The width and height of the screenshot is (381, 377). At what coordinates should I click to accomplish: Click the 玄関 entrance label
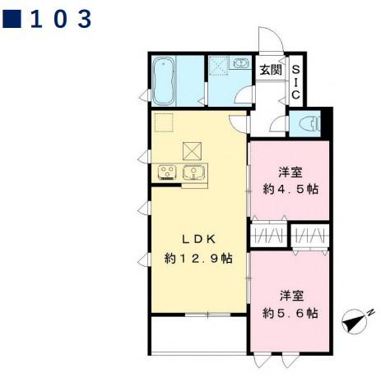coord(271,70)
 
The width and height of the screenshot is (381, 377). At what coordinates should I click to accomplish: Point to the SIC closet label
coord(296,83)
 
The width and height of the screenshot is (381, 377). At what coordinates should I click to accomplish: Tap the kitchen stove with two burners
coord(168,172)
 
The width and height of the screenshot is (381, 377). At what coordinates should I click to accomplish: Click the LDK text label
coord(197,239)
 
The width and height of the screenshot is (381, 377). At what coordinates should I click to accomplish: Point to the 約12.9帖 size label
coord(197,258)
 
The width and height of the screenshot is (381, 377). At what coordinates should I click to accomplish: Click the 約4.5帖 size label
coord(290,189)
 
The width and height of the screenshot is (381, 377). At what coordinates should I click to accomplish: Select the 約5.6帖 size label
coord(290,313)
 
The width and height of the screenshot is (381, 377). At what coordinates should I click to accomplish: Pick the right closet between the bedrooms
coord(310,235)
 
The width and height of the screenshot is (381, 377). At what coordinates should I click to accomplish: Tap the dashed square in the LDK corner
coord(164,124)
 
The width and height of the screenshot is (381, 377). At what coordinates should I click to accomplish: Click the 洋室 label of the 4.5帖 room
coord(290,172)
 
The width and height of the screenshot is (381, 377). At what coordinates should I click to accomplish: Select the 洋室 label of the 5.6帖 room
coord(290,295)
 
